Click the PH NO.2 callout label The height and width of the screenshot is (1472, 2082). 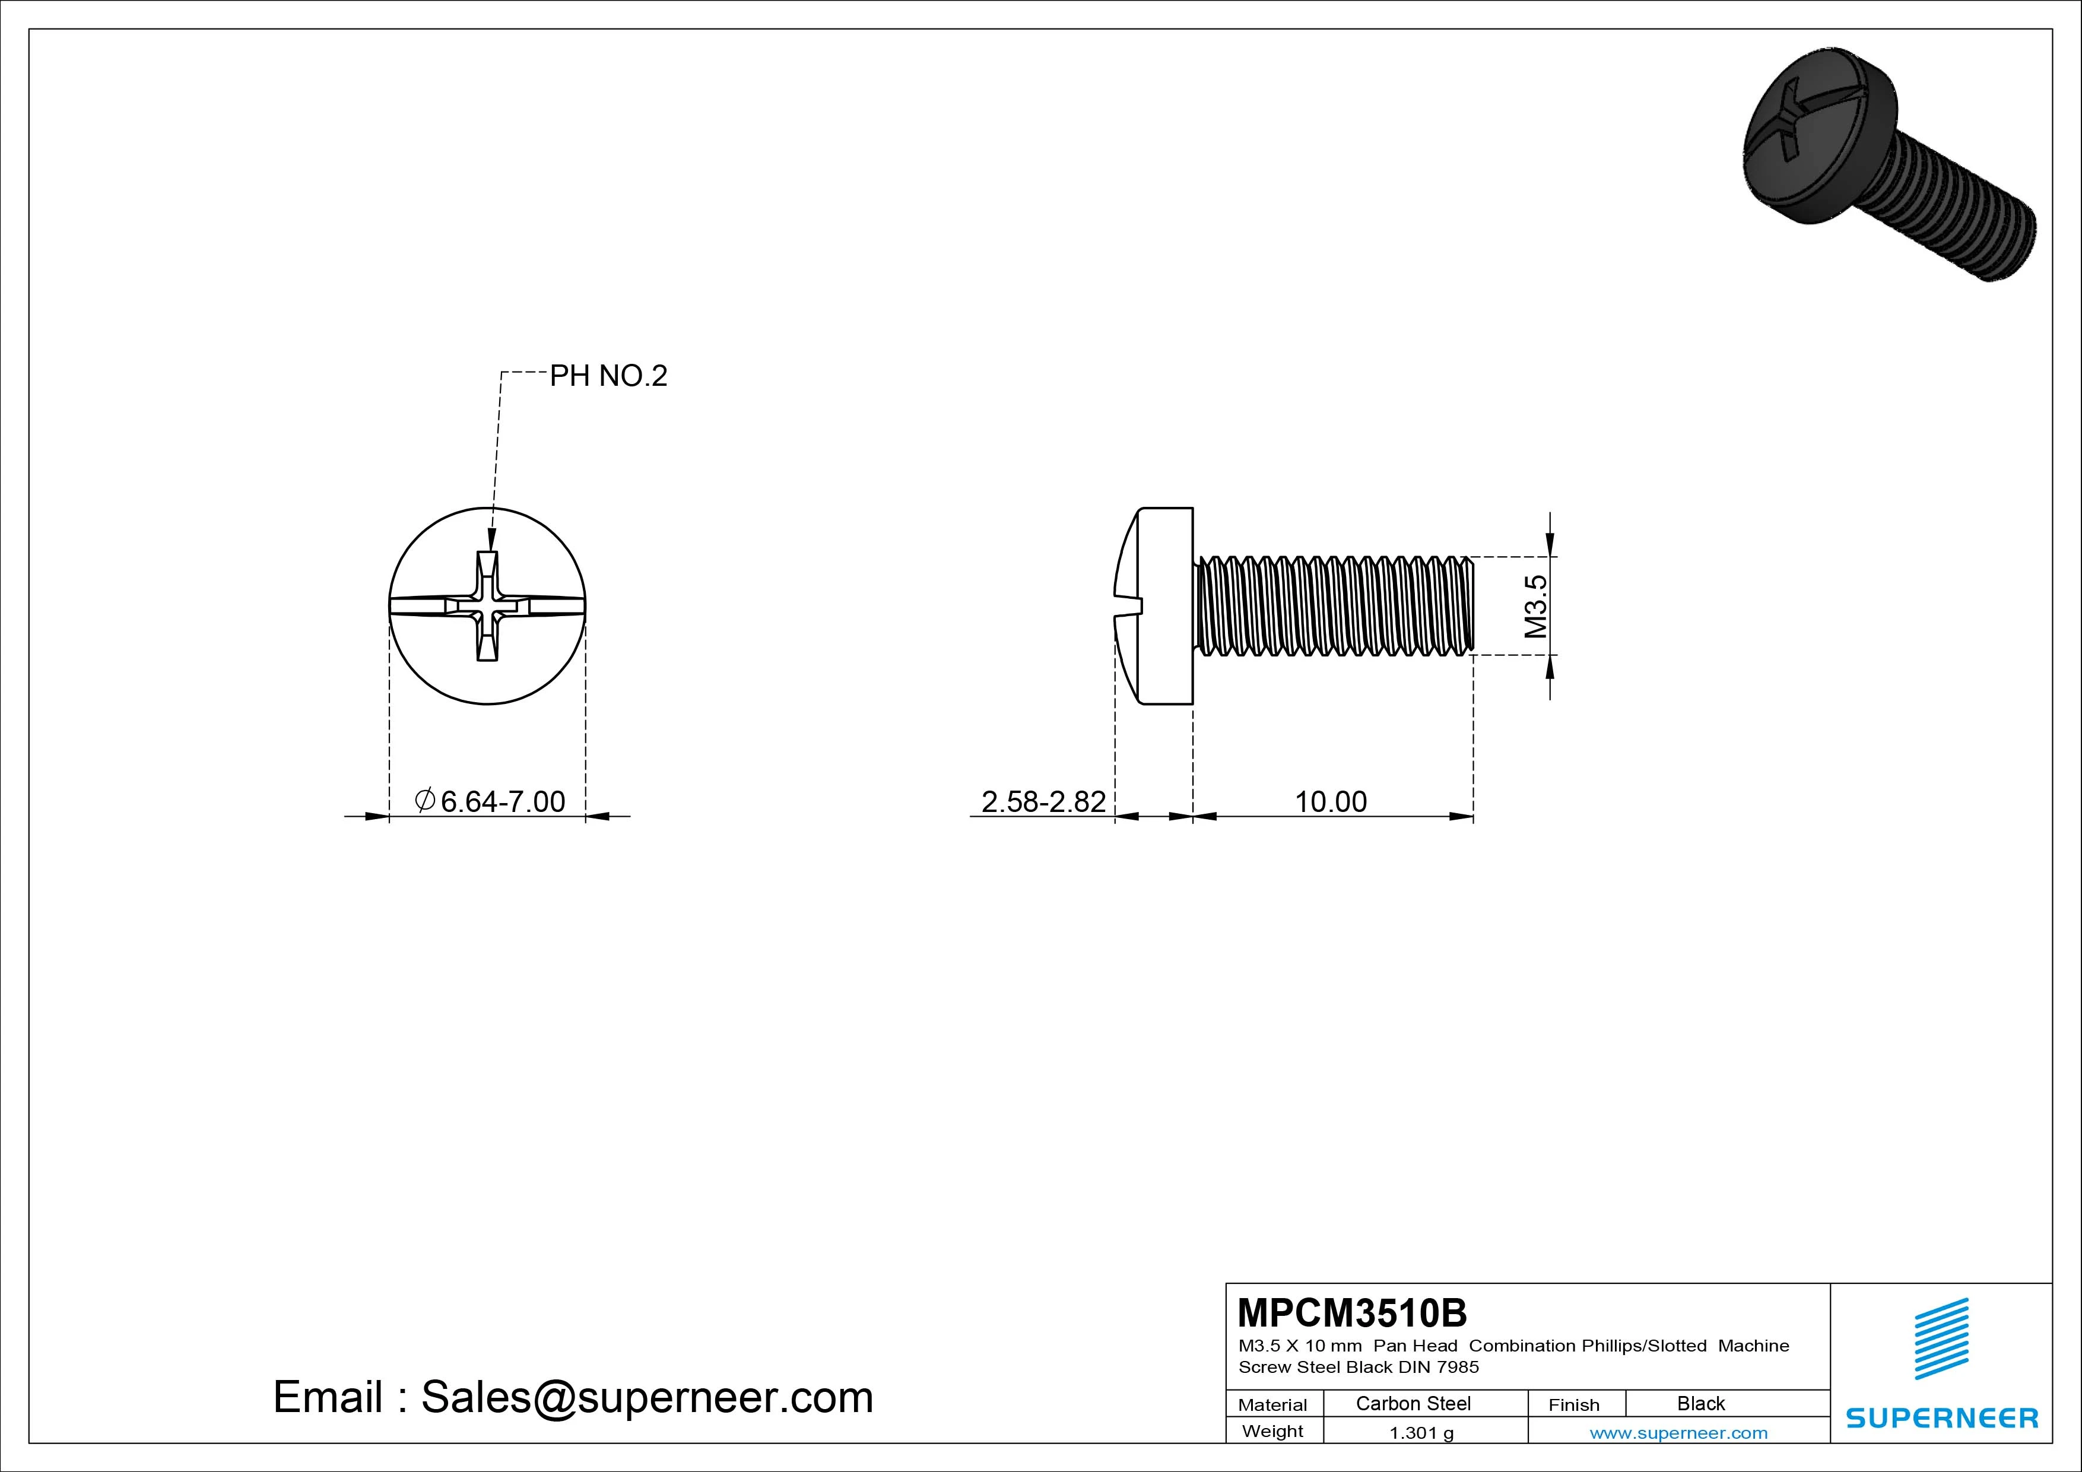point(608,376)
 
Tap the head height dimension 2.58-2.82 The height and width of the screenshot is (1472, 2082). point(1044,802)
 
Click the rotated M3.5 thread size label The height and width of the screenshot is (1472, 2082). point(1535,607)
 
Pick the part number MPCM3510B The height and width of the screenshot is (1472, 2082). point(1352,1312)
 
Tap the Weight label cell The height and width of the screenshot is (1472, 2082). point(1272,1431)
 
